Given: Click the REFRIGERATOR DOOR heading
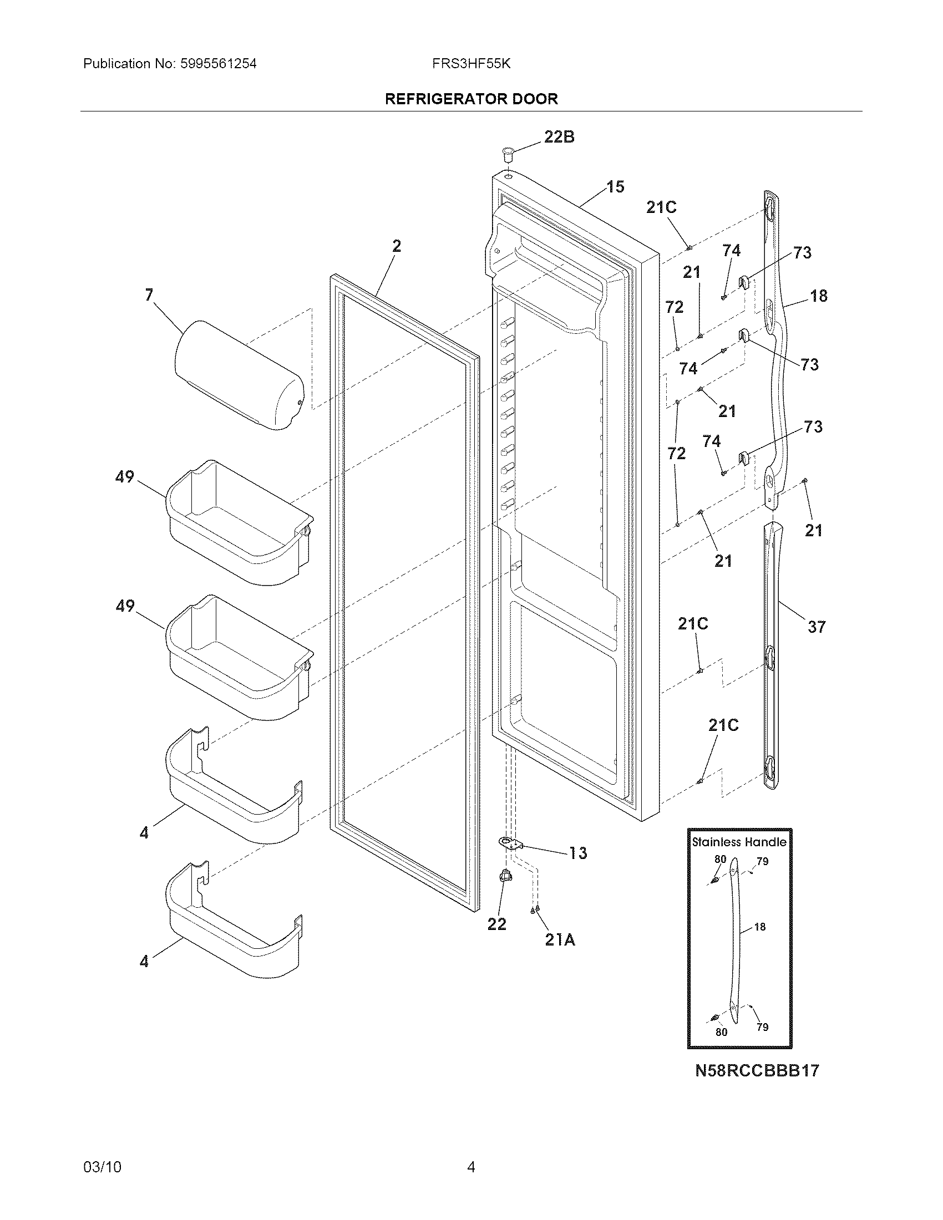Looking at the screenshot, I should coord(471,99).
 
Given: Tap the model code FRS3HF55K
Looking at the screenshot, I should coord(471,64).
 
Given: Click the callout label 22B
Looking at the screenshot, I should coord(559,136).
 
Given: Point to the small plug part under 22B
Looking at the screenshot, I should coord(508,151).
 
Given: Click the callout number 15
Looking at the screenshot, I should coord(615,186).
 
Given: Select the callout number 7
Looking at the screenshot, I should coord(149,295).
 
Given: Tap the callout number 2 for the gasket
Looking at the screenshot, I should coord(396,246).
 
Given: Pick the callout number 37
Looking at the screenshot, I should coord(816,627).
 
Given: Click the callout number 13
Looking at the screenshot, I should coord(577,853).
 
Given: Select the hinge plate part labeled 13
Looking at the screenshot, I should coord(508,843).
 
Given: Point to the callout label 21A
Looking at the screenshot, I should coord(560,940).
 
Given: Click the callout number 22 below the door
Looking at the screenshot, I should coord(496,924).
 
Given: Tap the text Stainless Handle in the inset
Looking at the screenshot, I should coord(738,842).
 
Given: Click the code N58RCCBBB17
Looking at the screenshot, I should coord(757,1071).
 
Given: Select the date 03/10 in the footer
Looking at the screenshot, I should coord(102,1166).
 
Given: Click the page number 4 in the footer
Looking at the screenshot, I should coord(471,1166).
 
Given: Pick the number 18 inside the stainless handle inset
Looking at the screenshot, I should coord(759,927).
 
